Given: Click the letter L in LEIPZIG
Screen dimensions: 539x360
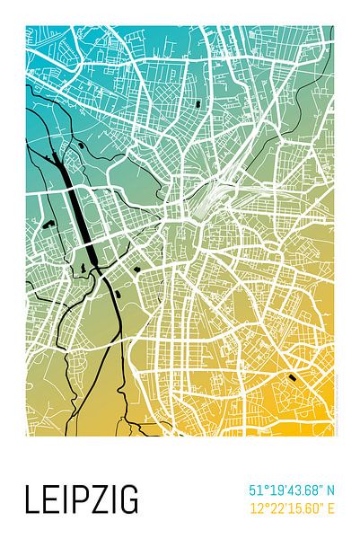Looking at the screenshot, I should [x=32, y=499].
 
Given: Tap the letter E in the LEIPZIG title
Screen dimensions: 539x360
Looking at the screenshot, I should [x=50, y=499].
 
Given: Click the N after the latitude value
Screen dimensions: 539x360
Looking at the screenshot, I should [x=329, y=490].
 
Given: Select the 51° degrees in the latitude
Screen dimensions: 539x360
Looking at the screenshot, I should [x=259, y=490].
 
